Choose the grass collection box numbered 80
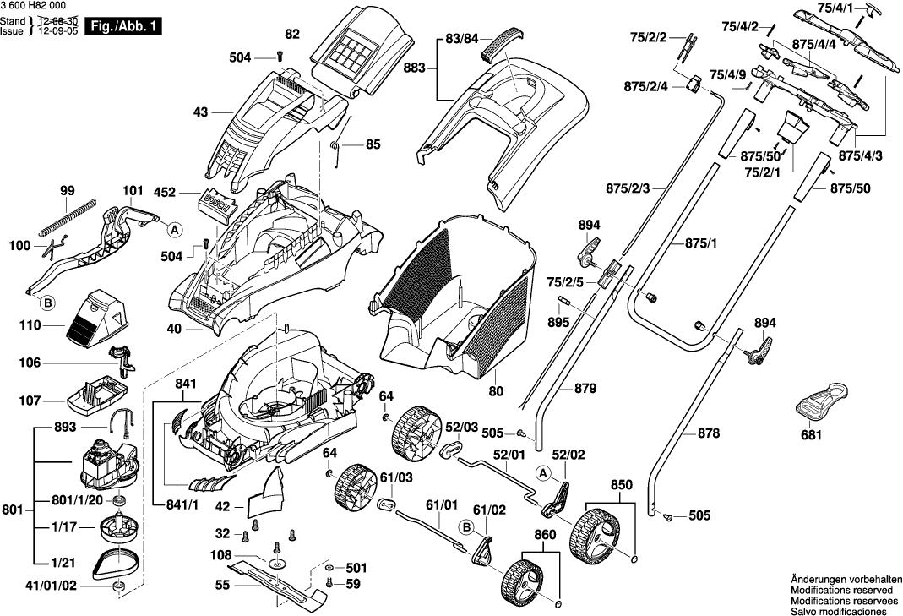(x=456, y=304)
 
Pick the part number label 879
(x=585, y=389)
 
